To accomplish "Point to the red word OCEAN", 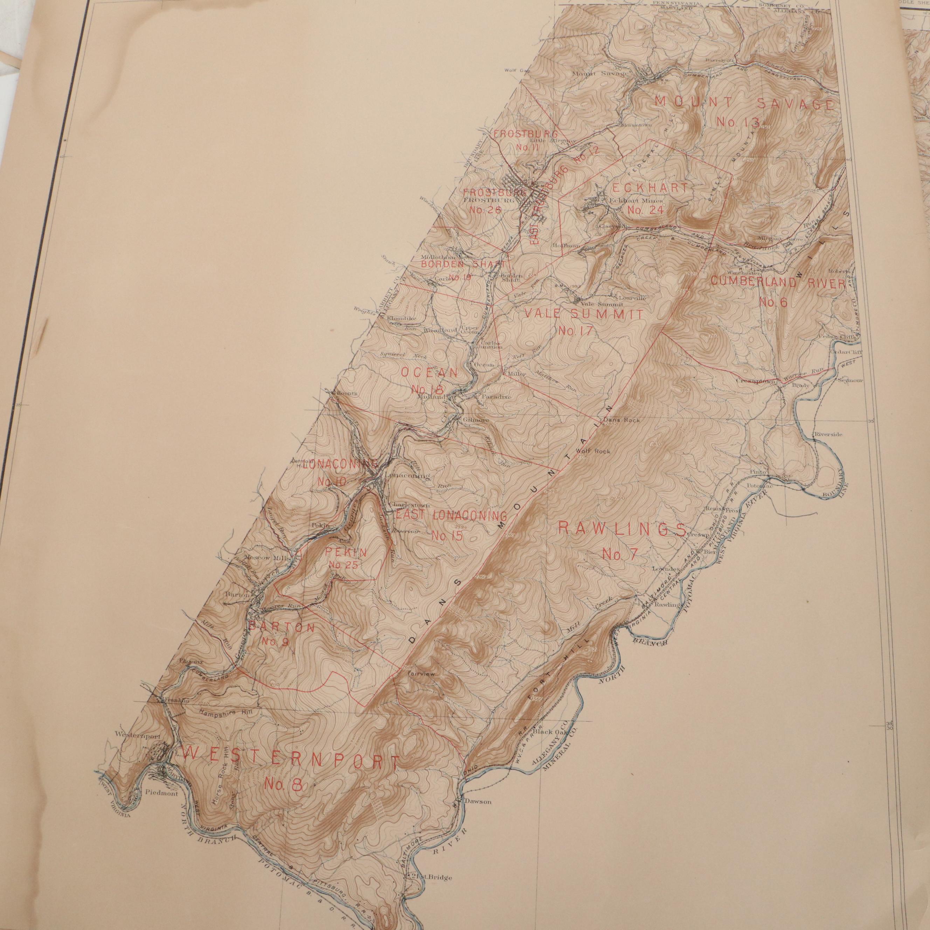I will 429,373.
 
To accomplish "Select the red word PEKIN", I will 345,553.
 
